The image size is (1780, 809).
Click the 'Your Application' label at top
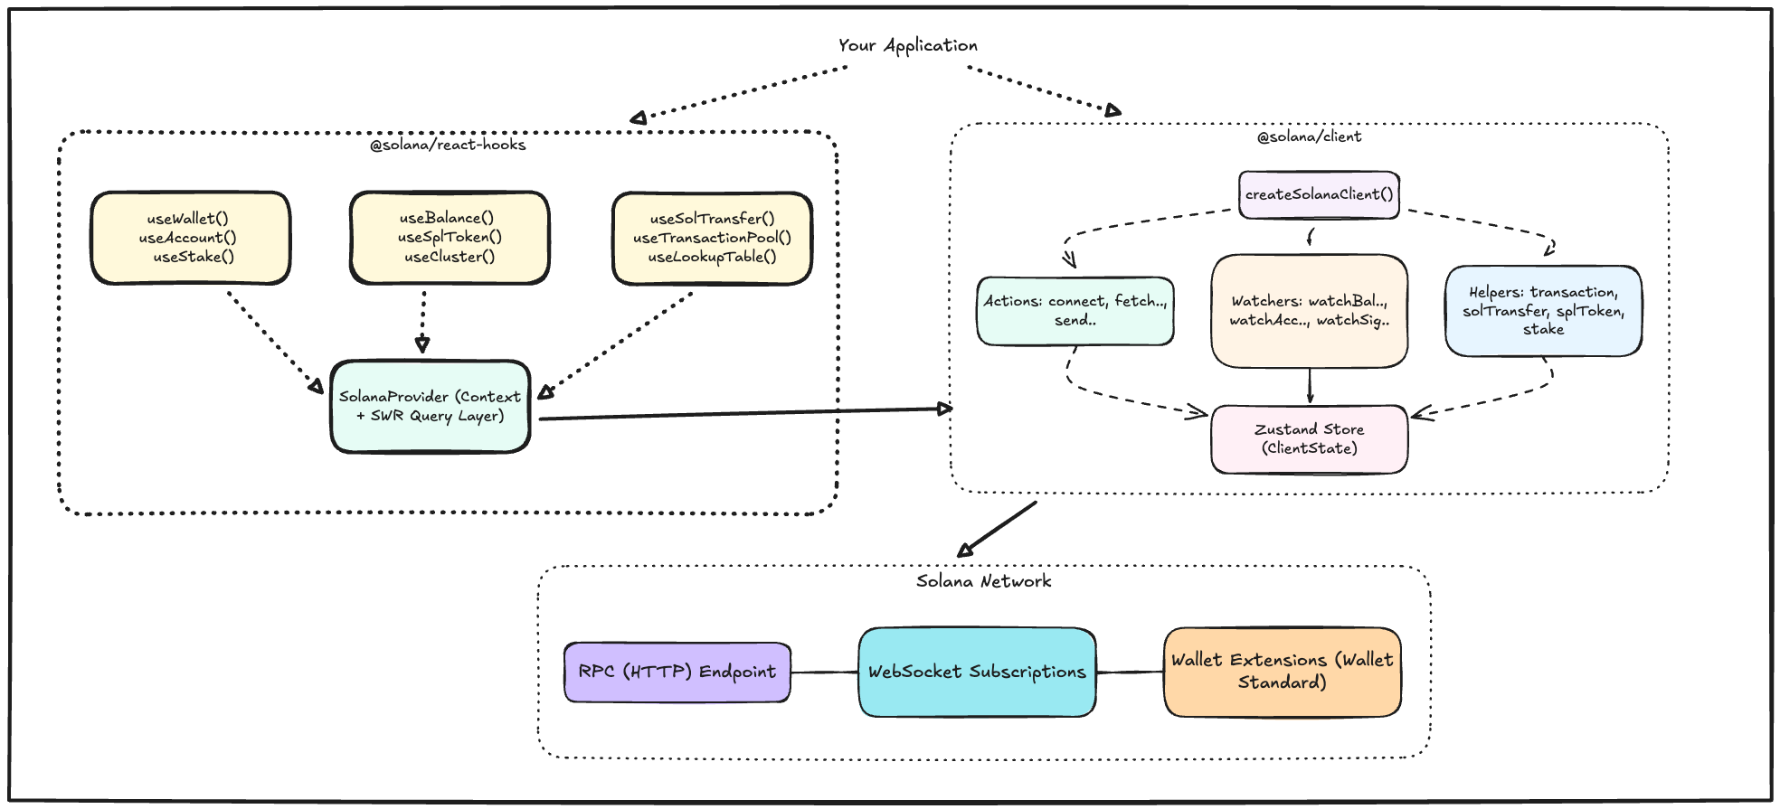[x=907, y=45]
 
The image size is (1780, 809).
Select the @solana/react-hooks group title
[x=448, y=145]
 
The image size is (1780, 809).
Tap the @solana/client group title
[x=1309, y=136]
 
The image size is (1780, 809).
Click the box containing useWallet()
[x=190, y=238]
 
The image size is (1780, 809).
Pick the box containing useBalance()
[x=450, y=238]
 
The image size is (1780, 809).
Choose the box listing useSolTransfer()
[x=712, y=239]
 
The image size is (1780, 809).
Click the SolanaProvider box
[x=431, y=406]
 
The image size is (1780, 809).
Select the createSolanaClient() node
[x=1319, y=194]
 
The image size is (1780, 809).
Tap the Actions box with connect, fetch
[x=1075, y=311]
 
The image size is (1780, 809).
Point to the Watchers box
[x=1309, y=311]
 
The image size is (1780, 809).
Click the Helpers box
[x=1543, y=311]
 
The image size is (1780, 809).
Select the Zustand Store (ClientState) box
[x=1309, y=439]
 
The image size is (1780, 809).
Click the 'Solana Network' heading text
[x=983, y=581]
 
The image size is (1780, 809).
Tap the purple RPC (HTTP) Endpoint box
[x=677, y=672]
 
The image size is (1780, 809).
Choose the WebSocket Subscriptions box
[x=977, y=672]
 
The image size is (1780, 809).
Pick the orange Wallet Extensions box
[x=1282, y=672]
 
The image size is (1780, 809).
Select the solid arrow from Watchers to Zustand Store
[x=1310, y=386]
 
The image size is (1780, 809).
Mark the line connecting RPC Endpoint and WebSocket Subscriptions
[x=824, y=673]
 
